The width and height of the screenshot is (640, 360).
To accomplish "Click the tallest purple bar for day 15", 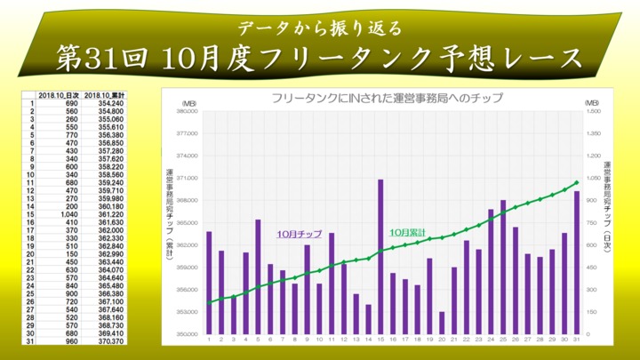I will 380,257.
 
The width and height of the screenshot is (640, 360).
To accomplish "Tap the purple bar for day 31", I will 576,262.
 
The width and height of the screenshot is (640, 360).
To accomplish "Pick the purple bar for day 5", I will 258,276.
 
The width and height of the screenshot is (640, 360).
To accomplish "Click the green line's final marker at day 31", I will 576,183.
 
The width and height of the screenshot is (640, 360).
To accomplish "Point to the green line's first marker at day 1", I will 209,303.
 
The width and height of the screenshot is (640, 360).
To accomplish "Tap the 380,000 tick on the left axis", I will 182,111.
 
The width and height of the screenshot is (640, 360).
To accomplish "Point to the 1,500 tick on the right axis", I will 594,111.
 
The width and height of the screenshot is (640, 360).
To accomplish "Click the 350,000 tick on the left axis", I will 182,334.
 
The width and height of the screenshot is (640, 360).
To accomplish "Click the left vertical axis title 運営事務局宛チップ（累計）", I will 168,213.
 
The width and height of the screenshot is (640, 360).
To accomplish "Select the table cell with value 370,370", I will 110,340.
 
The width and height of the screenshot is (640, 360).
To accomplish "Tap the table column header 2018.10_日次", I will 60,95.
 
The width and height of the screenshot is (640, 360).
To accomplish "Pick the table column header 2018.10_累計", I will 105,95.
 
